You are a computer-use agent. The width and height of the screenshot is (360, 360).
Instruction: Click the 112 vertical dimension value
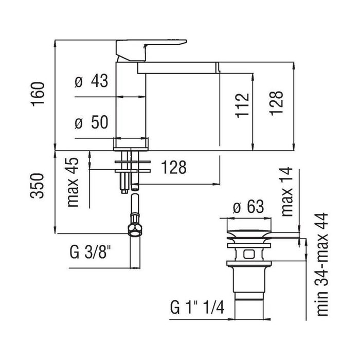(x=243, y=105)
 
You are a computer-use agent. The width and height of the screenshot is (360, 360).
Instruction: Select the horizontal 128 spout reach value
(x=173, y=167)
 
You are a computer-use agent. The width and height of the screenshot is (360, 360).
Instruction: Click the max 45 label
(x=75, y=183)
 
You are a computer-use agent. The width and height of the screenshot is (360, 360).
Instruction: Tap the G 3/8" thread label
(x=91, y=253)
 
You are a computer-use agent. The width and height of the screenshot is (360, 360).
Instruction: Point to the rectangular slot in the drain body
(x=249, y=254)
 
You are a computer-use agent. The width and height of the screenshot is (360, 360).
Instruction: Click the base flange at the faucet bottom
(x=131, y=143)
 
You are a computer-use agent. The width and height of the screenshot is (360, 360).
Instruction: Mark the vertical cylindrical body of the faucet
(x=130, y=103)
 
